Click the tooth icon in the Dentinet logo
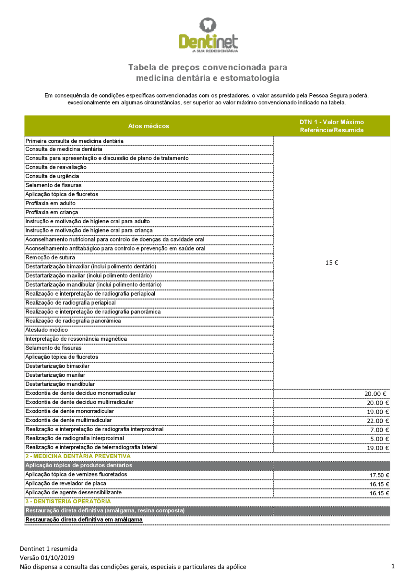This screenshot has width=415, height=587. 207,25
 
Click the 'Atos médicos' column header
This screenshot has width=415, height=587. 148,126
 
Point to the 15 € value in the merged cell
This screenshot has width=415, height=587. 331,263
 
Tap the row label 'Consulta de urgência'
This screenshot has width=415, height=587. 52,176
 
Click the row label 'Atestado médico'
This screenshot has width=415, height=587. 47,330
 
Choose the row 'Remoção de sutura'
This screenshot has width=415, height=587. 50,258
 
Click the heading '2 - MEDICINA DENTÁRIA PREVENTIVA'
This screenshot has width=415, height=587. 78,456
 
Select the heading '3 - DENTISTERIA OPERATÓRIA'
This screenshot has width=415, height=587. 68,501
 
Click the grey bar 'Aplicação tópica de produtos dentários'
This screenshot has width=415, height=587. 79,465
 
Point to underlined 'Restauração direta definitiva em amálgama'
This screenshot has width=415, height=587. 84,520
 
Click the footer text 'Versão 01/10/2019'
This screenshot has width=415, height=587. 47,558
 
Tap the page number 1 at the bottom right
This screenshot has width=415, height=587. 393,566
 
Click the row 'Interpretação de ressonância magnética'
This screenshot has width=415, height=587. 76,339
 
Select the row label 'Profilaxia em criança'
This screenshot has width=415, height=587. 52,213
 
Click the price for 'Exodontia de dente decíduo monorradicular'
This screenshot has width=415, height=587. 375,394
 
